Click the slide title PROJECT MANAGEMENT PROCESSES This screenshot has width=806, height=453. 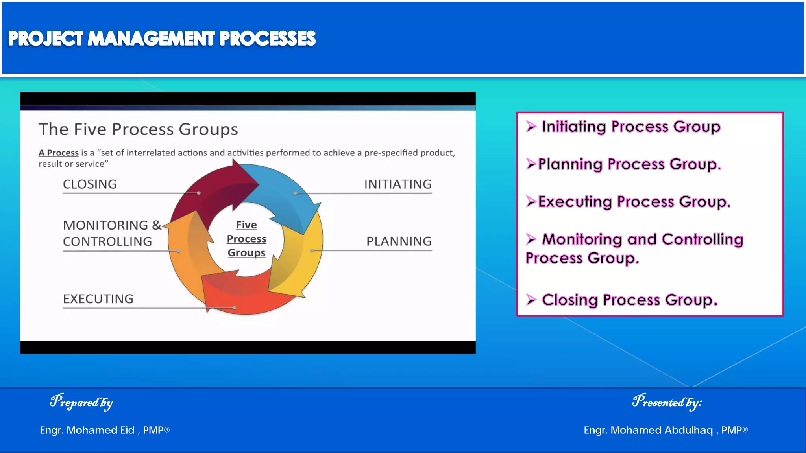click(161, 39)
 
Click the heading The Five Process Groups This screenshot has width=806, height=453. click(138, 129)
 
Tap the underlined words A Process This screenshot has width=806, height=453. click(58, 153)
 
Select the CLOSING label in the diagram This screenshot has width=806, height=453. click(90, 184)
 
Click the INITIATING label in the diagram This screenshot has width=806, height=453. click(397, 184)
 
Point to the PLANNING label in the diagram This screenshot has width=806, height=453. click(399, 241)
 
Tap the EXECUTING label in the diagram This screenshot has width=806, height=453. click(98, 299)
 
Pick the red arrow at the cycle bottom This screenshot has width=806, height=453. click(244, 295)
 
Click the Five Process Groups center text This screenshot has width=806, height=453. click(246, 239)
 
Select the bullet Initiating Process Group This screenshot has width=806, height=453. click(630, 127)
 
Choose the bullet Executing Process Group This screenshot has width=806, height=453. click(634, 202)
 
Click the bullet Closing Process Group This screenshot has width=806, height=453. click(630, 300)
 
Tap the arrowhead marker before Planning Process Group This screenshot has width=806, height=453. click(531, 164)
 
